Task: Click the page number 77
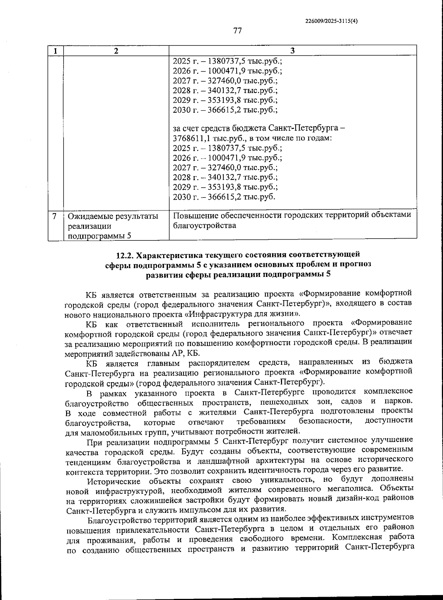237,31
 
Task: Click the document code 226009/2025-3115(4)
332,21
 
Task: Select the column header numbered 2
116,51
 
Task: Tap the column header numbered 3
292,51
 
